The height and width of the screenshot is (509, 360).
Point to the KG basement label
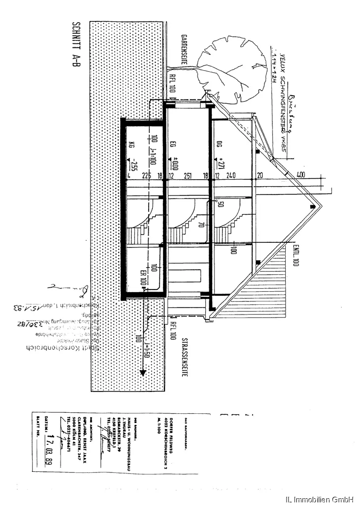pyautogui.click(x=131, y=145)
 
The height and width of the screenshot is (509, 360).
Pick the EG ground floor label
pyautogui.click(x=173, y=145)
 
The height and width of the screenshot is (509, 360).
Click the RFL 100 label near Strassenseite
pyautogui.click(x=173, y=331)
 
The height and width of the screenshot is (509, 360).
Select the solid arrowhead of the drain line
pyautogui.click(x=144, y=372)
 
